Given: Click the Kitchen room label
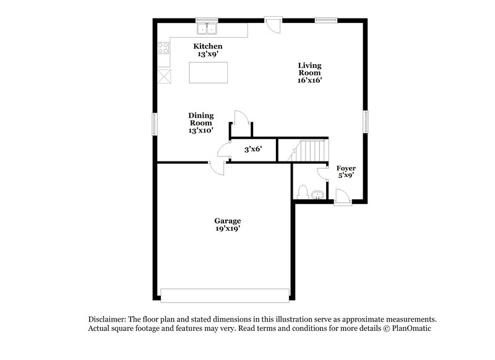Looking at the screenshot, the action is pos(208,46).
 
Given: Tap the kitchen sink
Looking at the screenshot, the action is pos(207,28).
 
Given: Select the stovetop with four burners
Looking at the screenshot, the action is pos(163,48).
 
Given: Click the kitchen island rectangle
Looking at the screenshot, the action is pos(209,72).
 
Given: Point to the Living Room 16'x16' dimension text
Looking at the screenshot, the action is pos(309,80).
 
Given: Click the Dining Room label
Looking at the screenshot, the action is pos(201,119).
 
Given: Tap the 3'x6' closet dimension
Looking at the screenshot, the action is pos(253,149).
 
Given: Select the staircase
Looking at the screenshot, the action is pos(308,150).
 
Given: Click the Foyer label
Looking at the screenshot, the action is pos(346,168).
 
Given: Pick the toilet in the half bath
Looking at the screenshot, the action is pos(303,192).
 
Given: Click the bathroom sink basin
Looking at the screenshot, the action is pos(317,195).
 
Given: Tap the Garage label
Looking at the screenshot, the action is pos(228,221).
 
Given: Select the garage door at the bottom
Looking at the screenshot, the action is pos(225,296).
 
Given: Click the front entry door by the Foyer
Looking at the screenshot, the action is pos(343,197).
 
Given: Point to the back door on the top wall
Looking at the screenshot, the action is pos(273,25).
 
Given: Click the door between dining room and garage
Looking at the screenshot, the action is pos(217,168).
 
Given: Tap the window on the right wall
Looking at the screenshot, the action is pos(366,121).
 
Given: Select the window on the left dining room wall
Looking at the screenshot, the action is pos(155,124).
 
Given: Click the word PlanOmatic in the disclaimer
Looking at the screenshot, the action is pos(411,328).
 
